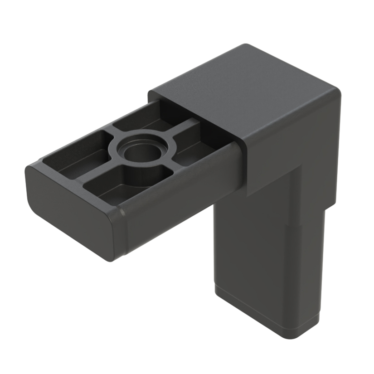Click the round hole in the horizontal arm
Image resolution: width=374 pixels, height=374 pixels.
(x=139, y=153)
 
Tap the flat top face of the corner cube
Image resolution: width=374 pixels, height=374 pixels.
(x=245, y=91)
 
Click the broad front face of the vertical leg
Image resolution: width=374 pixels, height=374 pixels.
(x=245, y=254)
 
